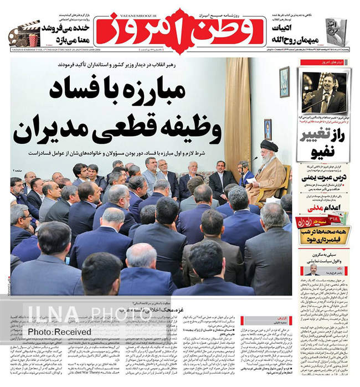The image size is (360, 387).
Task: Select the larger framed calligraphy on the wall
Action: [284, 82]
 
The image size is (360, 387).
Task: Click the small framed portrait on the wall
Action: [268, 129]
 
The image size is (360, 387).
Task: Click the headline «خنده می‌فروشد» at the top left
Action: [64, 28]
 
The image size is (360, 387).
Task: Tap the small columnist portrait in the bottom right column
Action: [313, 270]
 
